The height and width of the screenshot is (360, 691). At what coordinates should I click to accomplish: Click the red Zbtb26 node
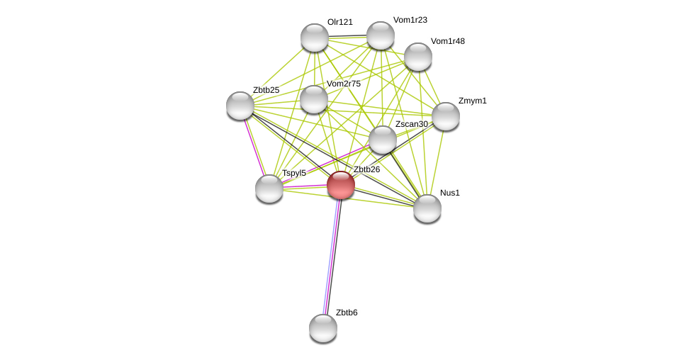pos(341,185)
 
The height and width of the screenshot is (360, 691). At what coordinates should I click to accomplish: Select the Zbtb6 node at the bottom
pos(323,328)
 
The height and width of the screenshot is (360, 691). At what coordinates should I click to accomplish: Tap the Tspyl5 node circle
pos(269,189)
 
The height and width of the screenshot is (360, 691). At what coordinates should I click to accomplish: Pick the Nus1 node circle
pos(427,208)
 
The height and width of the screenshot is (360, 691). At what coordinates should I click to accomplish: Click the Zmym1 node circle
pos(446,116)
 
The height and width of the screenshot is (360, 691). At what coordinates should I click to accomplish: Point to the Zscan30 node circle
pos(383,140)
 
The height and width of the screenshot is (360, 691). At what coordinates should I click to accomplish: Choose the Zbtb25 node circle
pos(240,106)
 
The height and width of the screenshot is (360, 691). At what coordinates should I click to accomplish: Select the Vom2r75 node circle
pos(314,99)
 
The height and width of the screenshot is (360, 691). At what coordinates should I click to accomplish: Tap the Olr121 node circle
pos(315,38)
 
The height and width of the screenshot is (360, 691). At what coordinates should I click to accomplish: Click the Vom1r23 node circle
pos(381,35)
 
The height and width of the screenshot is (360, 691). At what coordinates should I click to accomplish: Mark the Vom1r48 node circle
pos(418,57)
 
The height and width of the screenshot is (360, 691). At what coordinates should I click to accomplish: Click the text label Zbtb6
pos(347,313)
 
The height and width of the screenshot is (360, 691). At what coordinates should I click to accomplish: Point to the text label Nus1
pos(449,193)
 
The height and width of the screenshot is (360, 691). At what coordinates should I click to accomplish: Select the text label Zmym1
pos(472,101)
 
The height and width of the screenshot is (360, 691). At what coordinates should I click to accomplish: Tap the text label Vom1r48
pos(447,41)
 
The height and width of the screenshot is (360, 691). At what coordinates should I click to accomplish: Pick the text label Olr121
pos(339,22)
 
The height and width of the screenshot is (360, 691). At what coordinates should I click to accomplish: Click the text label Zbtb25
pos(266,90)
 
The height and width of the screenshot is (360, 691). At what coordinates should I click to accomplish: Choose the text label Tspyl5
pos(293,173)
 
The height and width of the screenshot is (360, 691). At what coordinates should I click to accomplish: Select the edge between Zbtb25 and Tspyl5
pos(255,147)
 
